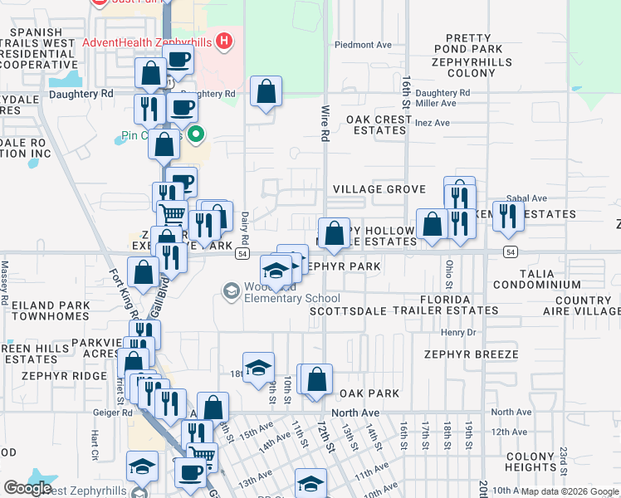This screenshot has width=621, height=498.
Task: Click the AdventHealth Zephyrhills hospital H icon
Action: pos(222,41)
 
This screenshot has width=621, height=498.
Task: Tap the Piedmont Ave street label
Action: pos(361,45)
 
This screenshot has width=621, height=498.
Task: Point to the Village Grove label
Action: pos(379,189)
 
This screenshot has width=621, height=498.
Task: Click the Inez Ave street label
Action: pos(433,122)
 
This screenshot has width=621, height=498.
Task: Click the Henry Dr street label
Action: pos(458,332)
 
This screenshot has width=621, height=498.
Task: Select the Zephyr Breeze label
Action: pos(471,354)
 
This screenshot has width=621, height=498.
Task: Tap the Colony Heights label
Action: pos(530,461)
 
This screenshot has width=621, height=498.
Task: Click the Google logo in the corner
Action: pos(27,488)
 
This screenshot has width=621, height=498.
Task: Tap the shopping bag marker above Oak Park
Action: pos(316,381)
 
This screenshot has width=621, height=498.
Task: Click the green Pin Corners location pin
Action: pos(196,133)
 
